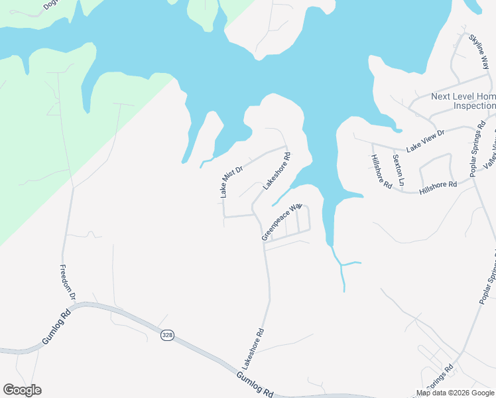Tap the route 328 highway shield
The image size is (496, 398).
pos(167,336)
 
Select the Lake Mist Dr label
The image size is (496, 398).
pos(231,180)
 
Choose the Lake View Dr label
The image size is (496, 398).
pos(425,140)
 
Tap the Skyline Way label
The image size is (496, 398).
pos(479,49)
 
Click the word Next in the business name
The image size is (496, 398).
pos(441,96)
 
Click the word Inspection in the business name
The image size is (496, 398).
pos(474,105)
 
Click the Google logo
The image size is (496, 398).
pos(22,390)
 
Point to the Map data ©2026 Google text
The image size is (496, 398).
pos(456,393)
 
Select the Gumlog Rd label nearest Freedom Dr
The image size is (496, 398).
pos(56,328)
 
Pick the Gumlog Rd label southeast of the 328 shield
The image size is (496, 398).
pos(254,384)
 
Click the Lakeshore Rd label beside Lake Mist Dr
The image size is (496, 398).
pos(277,172)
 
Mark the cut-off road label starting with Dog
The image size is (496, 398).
pos(50,5)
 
